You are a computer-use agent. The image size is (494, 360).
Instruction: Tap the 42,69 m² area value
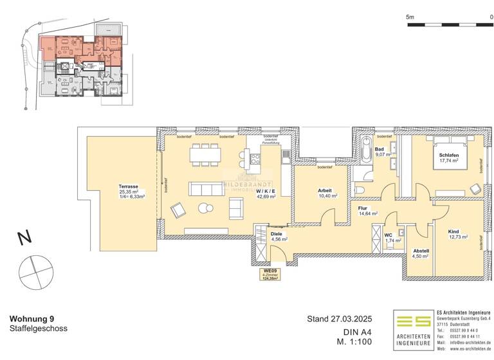pos(266,197)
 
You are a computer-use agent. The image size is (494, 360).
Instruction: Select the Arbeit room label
pos(325,190)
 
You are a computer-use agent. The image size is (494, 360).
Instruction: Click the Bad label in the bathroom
pos(380,148)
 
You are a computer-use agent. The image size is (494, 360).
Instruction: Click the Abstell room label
pos(421,251)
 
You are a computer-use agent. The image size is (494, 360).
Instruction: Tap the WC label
pos(389,235)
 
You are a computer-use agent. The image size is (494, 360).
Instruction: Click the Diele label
pos(276,234)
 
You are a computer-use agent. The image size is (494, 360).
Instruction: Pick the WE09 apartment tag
pos(269,271)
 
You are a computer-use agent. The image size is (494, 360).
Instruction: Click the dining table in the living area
pos(205,155)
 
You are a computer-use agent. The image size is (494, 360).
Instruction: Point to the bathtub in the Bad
pos(366,152)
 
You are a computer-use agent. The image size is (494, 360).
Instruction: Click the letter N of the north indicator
pos(24,238)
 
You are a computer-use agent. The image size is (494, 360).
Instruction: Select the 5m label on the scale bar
pos(410,16)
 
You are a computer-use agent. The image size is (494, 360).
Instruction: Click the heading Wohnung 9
pos(32,319)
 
